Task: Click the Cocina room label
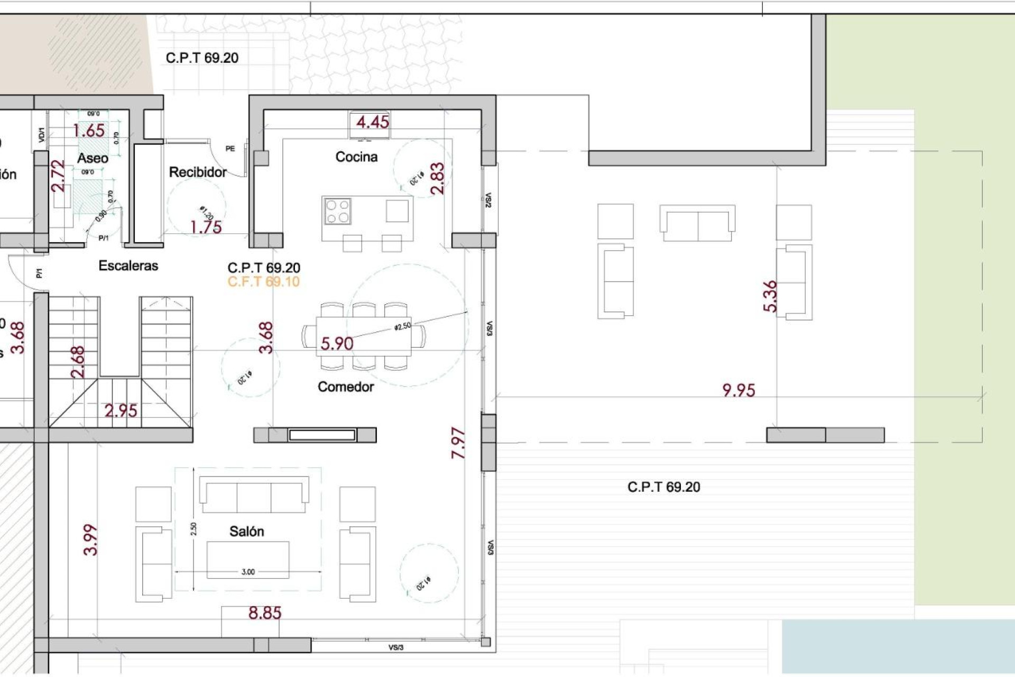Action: pos(356,157)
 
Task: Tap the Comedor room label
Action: pos(346,387)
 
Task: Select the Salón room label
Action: pos(246,531)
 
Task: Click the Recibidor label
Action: pos(198,172)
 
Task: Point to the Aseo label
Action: pos(93,158)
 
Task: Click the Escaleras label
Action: pos(128,266)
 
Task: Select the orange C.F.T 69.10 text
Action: pos(263,281)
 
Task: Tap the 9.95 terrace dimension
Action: pos(739,390)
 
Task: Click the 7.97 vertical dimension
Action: pos(458,443)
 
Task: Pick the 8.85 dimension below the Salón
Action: pos(265,612)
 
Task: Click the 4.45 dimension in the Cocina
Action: pos(372,122)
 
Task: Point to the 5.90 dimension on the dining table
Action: pos(337,344)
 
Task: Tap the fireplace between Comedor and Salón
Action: pos(321,435)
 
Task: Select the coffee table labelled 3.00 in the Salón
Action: pos(248,559)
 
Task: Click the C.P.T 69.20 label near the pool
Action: pos(663,487)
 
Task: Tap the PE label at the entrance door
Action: pos(230,149)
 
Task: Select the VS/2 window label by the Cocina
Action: pos(488,200)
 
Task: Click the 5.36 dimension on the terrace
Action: pos(770,296)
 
